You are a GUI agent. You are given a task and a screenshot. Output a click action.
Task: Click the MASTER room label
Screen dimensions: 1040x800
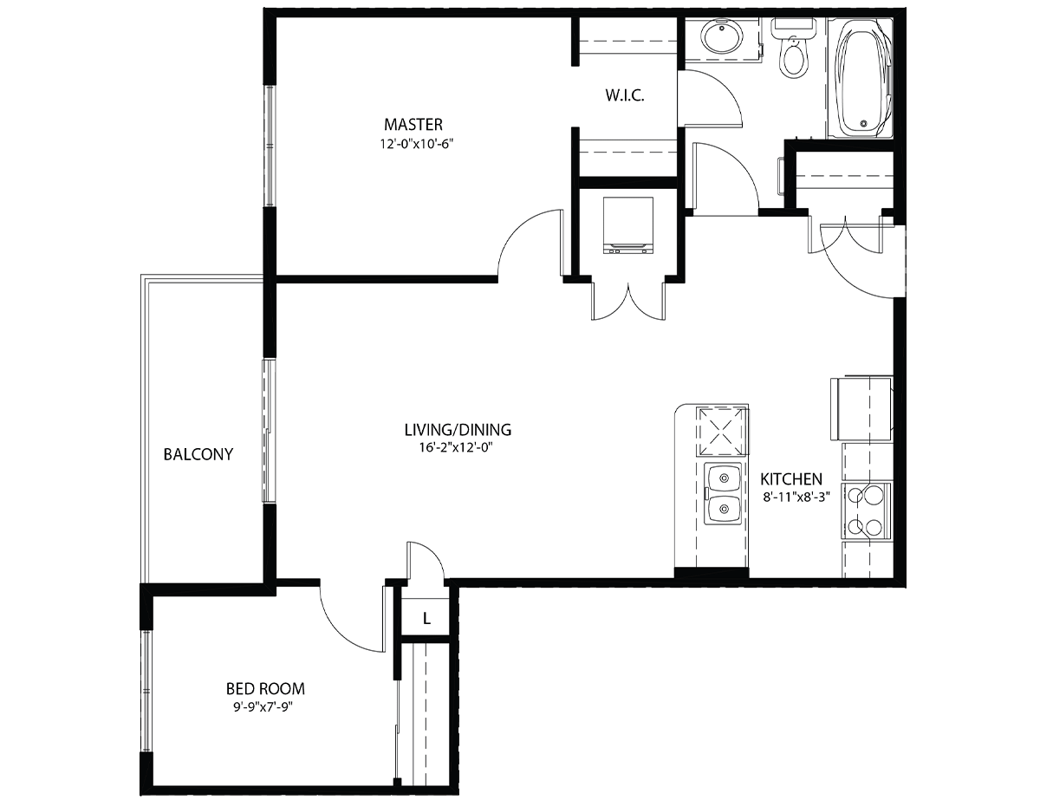(413, 125)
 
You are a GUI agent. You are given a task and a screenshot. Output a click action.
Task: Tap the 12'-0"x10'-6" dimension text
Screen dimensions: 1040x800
(416, 144)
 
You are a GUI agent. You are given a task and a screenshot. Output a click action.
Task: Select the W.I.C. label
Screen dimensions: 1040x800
(625, 95)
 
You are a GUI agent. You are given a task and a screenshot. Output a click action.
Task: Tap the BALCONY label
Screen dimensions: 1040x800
(198, 454)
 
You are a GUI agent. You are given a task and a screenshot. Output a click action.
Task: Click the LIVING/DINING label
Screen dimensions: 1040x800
(458, 430)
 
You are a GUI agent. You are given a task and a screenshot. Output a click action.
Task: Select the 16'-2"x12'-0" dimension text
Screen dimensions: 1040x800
(456, 448)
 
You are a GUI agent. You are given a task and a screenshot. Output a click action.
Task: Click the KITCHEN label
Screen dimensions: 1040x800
(791, 479)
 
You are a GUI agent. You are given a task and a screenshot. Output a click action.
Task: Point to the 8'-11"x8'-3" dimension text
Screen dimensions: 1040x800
(796, 498)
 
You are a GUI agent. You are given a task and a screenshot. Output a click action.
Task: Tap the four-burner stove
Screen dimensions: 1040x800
(867, 512)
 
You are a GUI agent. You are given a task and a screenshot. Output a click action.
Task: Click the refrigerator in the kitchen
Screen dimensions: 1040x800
(861, 408)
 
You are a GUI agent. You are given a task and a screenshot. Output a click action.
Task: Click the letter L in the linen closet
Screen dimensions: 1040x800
(427, 619)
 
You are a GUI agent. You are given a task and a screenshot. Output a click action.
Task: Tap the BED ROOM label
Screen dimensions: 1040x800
(265, 689)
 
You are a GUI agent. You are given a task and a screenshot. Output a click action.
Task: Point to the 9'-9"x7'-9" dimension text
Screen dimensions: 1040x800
(263, 707)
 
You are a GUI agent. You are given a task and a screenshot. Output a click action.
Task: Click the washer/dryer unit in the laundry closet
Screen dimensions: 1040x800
(628, 225)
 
